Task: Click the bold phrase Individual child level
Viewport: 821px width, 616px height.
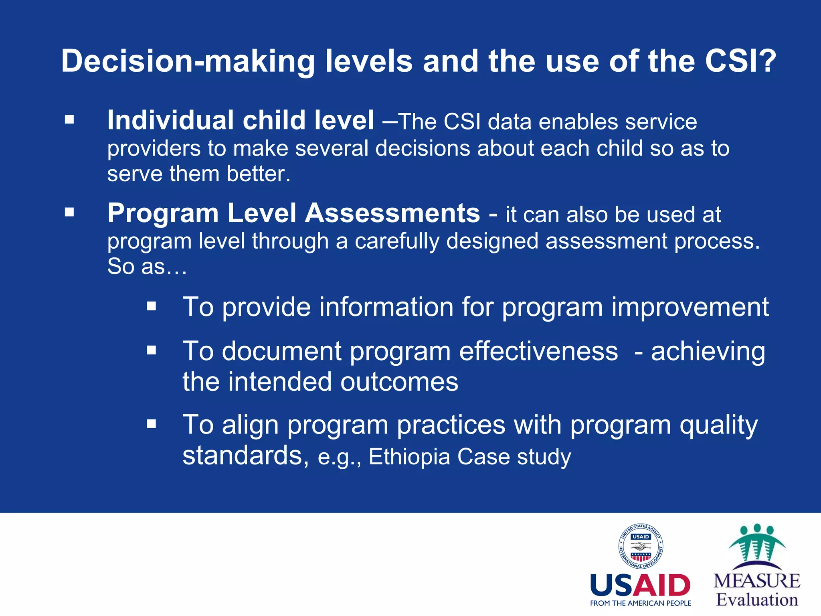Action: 241,120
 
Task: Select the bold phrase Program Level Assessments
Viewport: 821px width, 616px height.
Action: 293,213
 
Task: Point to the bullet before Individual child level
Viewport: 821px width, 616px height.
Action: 69,119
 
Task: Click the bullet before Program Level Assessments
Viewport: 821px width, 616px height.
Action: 69,212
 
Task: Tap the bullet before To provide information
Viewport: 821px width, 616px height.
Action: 151,306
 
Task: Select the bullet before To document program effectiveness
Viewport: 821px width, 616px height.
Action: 151,351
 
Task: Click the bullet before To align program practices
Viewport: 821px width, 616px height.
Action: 151,424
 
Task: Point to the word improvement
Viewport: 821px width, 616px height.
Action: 690,307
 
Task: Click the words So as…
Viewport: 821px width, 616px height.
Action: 147,266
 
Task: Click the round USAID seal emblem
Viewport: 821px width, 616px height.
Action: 640,546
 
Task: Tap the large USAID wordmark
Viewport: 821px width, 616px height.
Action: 640,586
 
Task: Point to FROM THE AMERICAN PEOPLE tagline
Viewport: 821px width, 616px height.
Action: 640,603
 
